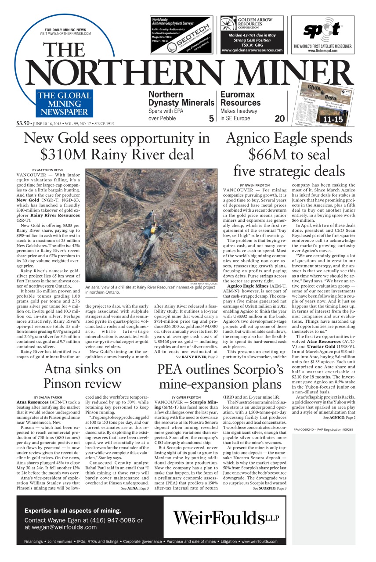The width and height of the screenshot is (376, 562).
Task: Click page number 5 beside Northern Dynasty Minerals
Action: (211, 118)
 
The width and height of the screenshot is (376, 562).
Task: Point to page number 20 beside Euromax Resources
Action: (280, 118)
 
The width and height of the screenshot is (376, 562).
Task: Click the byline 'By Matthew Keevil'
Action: (48, 169)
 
